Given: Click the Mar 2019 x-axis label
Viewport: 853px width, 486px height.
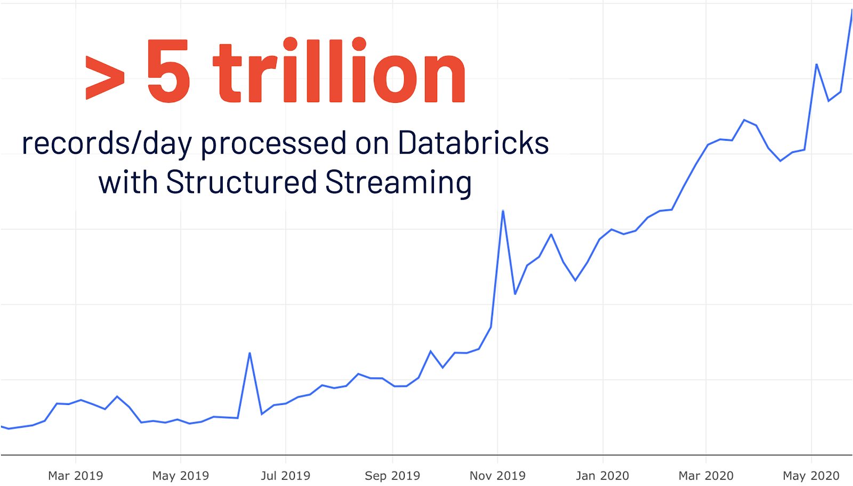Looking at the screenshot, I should (x=75, y=475).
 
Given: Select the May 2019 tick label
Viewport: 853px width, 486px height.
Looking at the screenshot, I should (x=180, y=475).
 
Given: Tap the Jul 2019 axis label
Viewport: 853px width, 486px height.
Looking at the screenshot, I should (x=285, y=475).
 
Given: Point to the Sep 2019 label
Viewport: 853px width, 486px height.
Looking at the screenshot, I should (x=392, y=475).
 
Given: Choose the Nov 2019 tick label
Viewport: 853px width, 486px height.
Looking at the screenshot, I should (x=497, y=475).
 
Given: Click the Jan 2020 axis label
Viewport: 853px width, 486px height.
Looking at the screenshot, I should (x=602, y=475).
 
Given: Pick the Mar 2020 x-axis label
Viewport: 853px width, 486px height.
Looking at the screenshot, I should (x=706, y=475).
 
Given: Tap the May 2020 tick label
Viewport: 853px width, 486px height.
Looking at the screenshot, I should (x=811, y=475).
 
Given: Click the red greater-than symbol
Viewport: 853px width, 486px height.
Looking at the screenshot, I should (x=105, y=77).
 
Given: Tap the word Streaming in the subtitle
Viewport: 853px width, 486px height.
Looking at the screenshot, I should (x=398, y=182).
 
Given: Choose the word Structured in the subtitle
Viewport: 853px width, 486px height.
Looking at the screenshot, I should (x=242, y=182).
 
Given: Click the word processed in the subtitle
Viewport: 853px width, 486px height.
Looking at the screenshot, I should (x=273, y=144).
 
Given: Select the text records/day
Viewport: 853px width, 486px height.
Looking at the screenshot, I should (x=107, y=144).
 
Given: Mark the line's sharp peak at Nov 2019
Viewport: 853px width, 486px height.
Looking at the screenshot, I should (x=503, y=211).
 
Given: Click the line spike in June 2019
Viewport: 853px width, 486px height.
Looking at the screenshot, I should (x=250, y=353).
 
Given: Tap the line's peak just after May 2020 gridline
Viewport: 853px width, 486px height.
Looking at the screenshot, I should (x=816, y=64).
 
